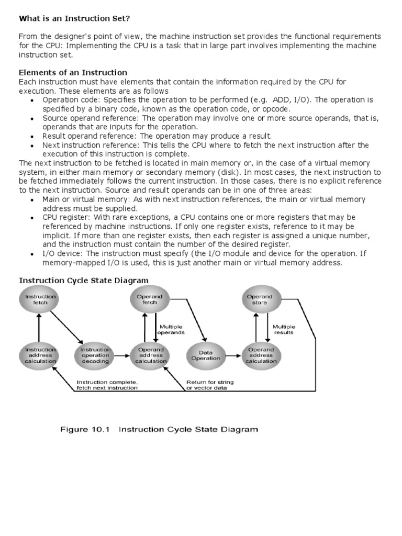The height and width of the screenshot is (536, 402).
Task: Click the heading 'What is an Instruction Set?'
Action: (74, 19)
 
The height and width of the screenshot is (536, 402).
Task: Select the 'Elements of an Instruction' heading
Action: (73, 72)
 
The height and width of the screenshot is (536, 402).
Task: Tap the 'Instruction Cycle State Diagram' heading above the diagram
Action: (84, 281)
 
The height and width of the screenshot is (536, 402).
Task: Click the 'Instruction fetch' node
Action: (40, 300)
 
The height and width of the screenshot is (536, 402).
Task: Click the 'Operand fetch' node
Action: (150, 300)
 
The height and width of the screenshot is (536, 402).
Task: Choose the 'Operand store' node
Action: (260, 300)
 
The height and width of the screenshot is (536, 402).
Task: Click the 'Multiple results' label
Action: (283, 329)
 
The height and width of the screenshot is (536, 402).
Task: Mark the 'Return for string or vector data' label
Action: (210, 385)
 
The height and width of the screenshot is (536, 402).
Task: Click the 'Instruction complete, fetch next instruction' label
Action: (107, 385)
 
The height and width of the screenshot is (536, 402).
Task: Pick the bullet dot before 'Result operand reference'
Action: (32, 136)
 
